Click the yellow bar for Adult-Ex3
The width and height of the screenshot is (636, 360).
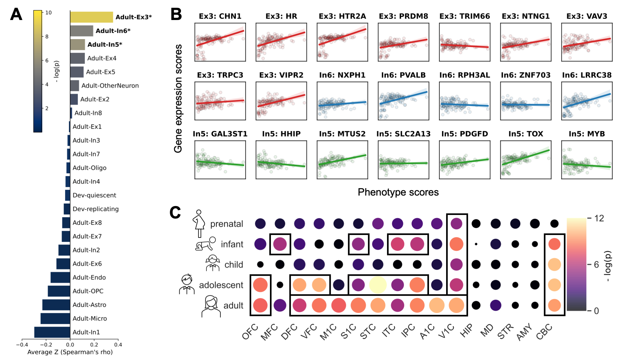coord(92,17)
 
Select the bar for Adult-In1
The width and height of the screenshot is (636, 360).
coord(52,332)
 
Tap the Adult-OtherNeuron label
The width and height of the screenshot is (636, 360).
coord(110,86)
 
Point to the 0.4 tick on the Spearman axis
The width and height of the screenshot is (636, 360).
coord(118,344)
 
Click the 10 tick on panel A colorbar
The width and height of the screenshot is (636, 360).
coord(48,13)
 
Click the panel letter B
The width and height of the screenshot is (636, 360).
coord(176,15)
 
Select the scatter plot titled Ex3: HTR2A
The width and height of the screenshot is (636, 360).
coord(342,42)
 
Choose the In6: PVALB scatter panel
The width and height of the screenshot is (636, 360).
coord(403,101)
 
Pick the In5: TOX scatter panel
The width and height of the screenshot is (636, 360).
coord(526,160)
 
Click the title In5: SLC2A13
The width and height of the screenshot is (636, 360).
coord(403,134)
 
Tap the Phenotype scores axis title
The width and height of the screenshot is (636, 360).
coord(398,192)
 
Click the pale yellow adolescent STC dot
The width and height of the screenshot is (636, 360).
coord(378,285)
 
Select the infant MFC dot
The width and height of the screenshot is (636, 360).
coord(280,244)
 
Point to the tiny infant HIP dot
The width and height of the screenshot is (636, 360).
coord(476,244)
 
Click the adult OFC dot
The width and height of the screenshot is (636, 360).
coord(260,305)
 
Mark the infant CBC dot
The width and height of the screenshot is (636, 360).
coord(554,244)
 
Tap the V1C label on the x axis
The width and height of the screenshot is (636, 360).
coord(446,332)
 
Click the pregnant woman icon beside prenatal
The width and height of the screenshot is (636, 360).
coord(199,223)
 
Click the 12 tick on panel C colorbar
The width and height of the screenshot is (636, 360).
coord(599,218)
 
